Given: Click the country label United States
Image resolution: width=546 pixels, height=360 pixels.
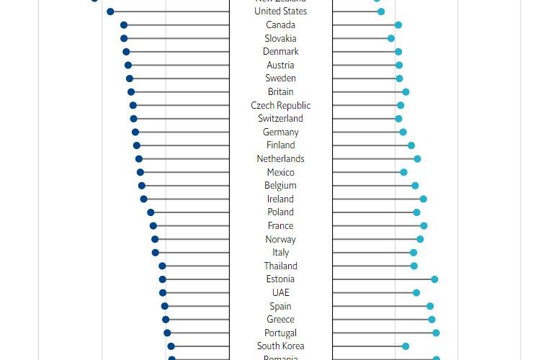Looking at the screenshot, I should [x=280, y=12].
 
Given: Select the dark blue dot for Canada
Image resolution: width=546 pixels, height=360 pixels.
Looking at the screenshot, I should [x=124, y=25].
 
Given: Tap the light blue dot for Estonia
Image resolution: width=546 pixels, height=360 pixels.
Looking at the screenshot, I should [x=434, y=279].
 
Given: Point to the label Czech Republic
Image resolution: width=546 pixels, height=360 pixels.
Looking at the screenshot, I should [x=280, y=105].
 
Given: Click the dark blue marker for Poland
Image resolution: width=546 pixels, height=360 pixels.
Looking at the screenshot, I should [x=151, y=212].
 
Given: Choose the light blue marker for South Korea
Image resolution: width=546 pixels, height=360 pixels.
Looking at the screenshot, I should [x=406, y=346].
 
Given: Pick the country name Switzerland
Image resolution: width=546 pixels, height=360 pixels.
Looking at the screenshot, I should [x=280, y=119].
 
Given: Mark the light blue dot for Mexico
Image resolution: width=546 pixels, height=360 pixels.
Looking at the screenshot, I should [x=403, y=172].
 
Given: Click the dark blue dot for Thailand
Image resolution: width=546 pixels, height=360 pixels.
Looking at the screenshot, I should [x=162, y=266].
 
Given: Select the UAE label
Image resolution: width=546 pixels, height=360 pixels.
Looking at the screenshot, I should [x=280, y=293].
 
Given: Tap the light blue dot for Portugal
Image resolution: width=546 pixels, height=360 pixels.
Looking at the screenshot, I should [x=436, y=333].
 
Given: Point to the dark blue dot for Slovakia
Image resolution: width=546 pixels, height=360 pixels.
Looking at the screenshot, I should [x=124, y=38].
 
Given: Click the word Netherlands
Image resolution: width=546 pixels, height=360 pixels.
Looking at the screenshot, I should [x=280, y=159].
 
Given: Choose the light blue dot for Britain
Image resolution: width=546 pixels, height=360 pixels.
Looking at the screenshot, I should [x=406, y=92].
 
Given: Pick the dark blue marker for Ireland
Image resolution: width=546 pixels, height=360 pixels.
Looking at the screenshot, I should [x=143, y=199].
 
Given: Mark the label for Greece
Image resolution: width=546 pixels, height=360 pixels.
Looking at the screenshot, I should [x=280, y=320].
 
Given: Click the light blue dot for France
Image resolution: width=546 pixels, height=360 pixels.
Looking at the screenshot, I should [x=424, y=226].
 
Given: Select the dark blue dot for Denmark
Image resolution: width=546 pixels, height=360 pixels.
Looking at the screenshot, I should [x=126, y=52].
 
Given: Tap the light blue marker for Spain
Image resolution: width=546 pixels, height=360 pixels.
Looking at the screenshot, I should [x=430, y=306].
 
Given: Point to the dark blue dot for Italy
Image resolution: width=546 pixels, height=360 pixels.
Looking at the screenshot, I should [x=156, y=253].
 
